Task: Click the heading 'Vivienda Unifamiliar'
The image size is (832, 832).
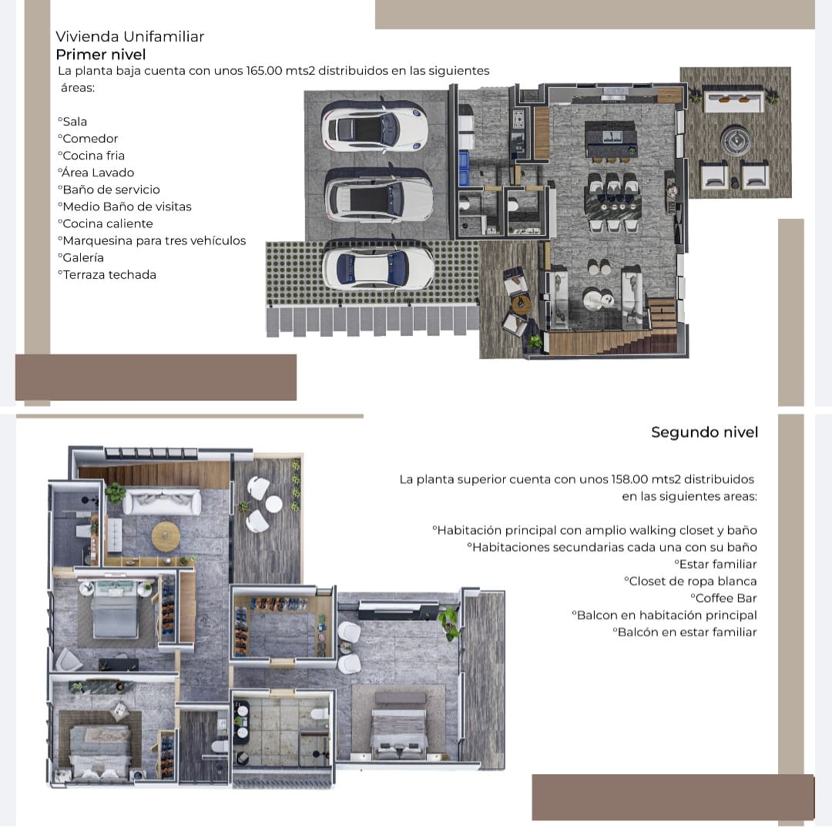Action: pos(130,37)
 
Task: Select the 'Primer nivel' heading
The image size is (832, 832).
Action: pos(101,54)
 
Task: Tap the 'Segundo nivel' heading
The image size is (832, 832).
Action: pos(705,432)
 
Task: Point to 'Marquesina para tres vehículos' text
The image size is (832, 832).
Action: pos(153,240)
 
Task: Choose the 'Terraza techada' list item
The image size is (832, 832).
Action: pos(107,274)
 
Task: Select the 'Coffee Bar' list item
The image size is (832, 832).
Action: pos(723,598)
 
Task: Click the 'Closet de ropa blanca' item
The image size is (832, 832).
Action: pos(691,581)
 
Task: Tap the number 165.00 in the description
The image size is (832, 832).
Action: pos(263,71)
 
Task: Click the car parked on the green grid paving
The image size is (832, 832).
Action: pos(378,268)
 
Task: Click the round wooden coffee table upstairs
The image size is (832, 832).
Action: pos(166,536)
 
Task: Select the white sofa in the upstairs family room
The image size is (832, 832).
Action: pos(162,502)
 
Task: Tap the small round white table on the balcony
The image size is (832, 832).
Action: pos(273,504)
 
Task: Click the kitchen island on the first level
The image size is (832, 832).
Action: pos(610,139)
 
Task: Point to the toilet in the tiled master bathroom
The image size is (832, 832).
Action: pos(319,713)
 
